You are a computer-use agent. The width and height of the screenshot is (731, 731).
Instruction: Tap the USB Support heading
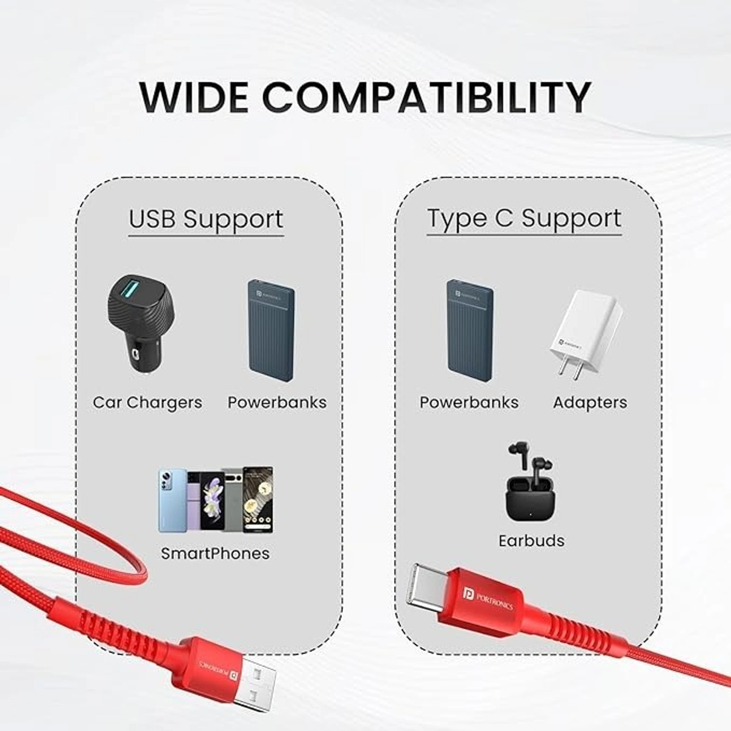(206, 219)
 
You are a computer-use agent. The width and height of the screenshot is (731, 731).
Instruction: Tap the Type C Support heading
(524, 218)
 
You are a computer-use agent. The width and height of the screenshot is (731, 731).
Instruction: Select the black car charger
(141, 323)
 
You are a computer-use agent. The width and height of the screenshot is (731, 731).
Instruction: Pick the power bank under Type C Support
(470, 330)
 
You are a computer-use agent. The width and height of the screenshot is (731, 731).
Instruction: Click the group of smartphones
(216, 500)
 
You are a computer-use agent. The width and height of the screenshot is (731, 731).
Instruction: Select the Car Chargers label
(147, 403)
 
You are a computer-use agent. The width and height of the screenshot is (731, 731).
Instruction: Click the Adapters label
(590, 403)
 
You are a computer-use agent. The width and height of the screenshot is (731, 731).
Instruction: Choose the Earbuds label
(531, 541)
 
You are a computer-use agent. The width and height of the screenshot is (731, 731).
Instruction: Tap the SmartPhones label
(215, 554)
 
